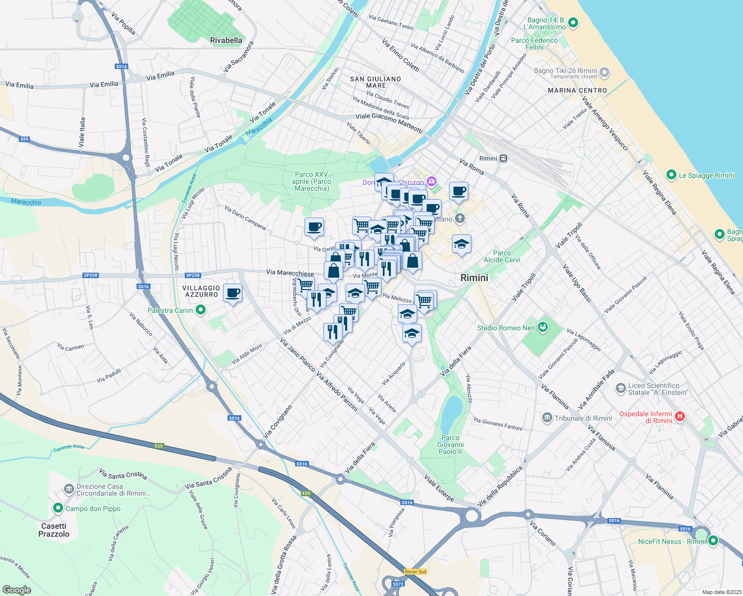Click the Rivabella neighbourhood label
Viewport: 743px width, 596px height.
tap(226, 40)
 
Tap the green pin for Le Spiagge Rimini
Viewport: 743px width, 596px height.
tap(671, 175)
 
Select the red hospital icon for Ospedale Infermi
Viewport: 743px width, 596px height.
tap(680, 417)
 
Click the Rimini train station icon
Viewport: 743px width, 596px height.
tap(504, 158)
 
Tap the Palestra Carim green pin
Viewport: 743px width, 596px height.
tap(201, 310)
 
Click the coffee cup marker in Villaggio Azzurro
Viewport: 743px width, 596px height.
tap(232, 294)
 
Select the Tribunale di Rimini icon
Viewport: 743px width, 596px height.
tap(547, 418)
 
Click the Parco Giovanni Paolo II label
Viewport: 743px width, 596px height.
tap(450, 445)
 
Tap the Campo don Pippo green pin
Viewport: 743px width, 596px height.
tap(58, 508)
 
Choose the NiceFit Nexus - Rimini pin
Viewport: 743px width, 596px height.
tap(713, 541)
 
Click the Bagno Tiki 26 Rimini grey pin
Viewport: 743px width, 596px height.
tap(604, 72)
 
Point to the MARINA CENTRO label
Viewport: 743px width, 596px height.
tap(577, 90)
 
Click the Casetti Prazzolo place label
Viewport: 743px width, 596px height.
tap(54, 530)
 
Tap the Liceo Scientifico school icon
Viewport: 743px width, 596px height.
tap(620, 388)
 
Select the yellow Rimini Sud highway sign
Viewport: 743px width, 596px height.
tap(415, 572)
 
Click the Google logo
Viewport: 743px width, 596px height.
tap(16, 590)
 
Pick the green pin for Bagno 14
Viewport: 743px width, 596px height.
tap(573, 22)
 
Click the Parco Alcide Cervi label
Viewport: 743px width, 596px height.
tap(502, 256)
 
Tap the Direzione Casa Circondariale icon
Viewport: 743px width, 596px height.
tap(69, 489)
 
